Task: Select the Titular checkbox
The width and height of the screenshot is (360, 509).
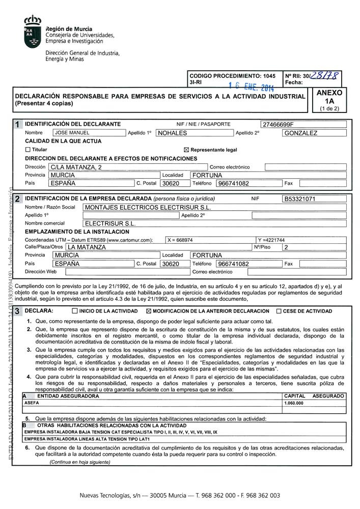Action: coord(27,150)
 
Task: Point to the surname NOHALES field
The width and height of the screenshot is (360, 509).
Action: coord(173,133)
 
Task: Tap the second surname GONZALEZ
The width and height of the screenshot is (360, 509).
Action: coord(300,133)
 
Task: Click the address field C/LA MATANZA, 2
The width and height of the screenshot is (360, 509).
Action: coord(75,167)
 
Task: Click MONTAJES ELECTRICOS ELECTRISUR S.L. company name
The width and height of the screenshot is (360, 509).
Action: coord(147,207)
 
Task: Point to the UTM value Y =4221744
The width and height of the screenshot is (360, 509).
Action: coord(271,240)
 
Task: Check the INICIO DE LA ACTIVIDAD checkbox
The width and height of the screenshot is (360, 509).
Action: coord(75,310)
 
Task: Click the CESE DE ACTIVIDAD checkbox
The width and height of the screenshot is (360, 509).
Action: coord(279,310)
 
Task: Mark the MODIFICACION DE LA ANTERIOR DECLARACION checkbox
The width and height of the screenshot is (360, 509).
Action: coord(149,310)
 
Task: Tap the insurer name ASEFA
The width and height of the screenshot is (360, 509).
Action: coord(32,403)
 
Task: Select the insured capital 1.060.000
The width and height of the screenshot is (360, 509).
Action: coord(293,403)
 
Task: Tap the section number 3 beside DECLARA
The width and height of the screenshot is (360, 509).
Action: coord(18,310)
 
